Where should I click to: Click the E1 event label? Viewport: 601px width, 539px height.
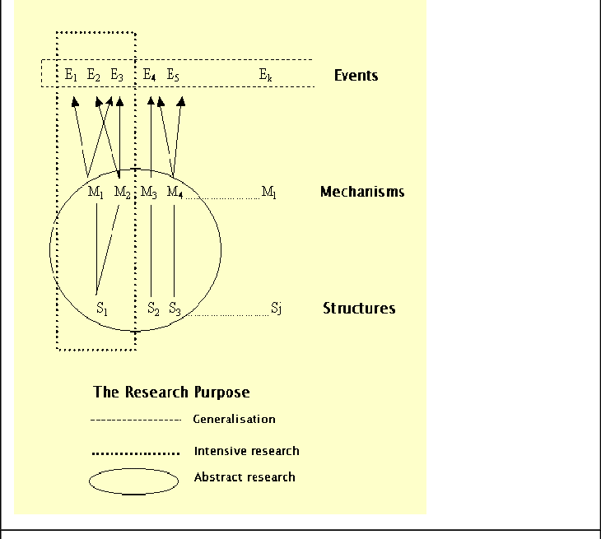tap(71, 75)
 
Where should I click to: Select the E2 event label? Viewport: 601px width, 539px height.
tap(94, 75)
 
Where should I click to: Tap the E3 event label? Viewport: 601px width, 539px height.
tap(117, 75)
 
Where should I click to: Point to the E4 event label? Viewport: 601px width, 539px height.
tap(150, 75)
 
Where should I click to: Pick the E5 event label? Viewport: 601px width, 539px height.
tap(173, 75)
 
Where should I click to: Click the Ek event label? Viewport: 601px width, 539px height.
tap(265, 75)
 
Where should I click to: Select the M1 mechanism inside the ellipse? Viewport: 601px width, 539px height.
tap(95, 193)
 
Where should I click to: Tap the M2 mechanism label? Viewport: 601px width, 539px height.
tap(122, 193)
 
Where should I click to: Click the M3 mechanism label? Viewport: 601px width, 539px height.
tap(149, 193)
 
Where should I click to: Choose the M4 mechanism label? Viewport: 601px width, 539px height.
tap(175, 193)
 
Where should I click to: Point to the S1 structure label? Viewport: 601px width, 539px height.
tap(102, 309)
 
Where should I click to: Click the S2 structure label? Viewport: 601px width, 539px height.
tap(153, 309)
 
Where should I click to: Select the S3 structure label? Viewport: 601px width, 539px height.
tap(175, 309)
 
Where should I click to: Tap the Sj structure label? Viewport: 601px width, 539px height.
tap(277, 309)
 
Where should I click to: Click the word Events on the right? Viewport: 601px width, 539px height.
tap(356, 76)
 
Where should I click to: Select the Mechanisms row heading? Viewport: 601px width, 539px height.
tap(362, 192)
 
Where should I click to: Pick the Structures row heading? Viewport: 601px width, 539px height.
tap(359, 309)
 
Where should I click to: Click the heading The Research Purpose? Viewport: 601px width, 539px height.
tap(171, 392)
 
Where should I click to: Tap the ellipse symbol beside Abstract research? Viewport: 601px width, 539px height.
tap(133, 481)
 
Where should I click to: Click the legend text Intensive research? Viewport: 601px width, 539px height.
tap(246, 451)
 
